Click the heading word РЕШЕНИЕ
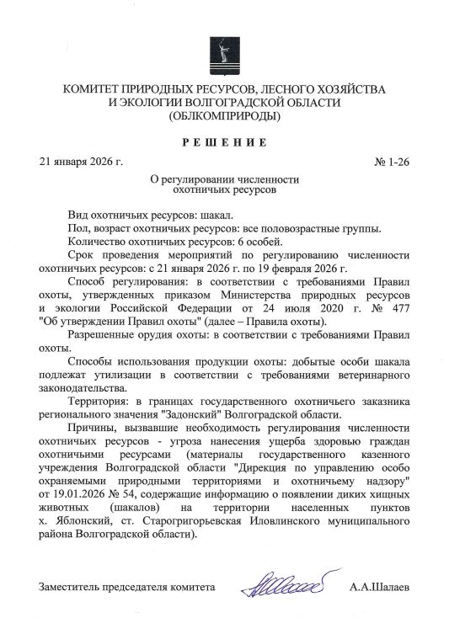pyautogui.click(x=225, y=140)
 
